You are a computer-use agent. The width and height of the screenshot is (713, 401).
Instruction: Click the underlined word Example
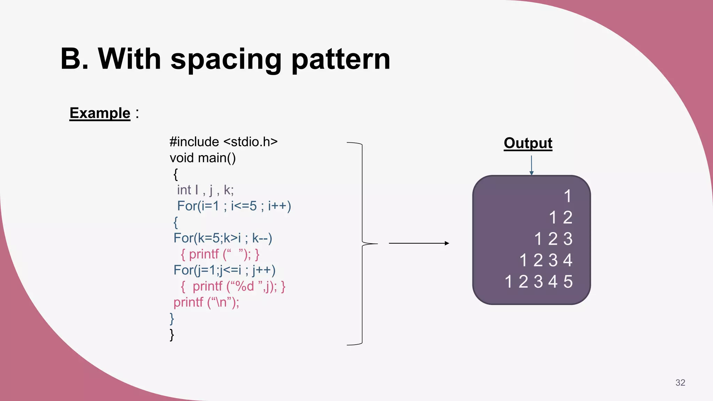point(100,113)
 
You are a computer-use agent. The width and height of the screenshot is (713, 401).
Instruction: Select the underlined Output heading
point(528,143)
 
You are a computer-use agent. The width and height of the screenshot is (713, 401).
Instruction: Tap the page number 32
point(680,383)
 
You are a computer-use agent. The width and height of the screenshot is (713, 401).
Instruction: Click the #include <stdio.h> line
point(224,142)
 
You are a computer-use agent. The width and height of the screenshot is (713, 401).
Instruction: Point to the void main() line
point(203,158)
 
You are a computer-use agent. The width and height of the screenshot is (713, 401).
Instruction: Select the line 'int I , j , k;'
point(205,190)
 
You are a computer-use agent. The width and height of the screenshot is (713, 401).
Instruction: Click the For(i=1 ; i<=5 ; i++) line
point(234,206)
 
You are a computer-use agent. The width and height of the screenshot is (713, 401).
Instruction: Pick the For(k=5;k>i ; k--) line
point(223,238)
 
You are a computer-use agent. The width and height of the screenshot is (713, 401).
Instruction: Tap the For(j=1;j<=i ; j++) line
point(225,270)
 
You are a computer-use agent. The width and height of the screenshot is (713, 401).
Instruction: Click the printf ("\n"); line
point(206,302)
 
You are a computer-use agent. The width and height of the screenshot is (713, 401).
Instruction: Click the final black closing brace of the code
point(172,335)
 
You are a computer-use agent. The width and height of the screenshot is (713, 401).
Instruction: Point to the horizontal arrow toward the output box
point(418,243)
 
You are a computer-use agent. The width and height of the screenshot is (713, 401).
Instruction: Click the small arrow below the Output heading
point(531,165)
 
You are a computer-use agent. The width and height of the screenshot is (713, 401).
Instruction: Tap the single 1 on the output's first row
point(567,196)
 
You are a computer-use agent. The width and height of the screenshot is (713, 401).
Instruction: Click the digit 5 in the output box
point(568,282)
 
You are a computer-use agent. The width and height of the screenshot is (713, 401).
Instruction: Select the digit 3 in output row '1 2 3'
point(568,239)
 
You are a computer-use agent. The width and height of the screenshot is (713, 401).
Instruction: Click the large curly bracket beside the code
point(362,243)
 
